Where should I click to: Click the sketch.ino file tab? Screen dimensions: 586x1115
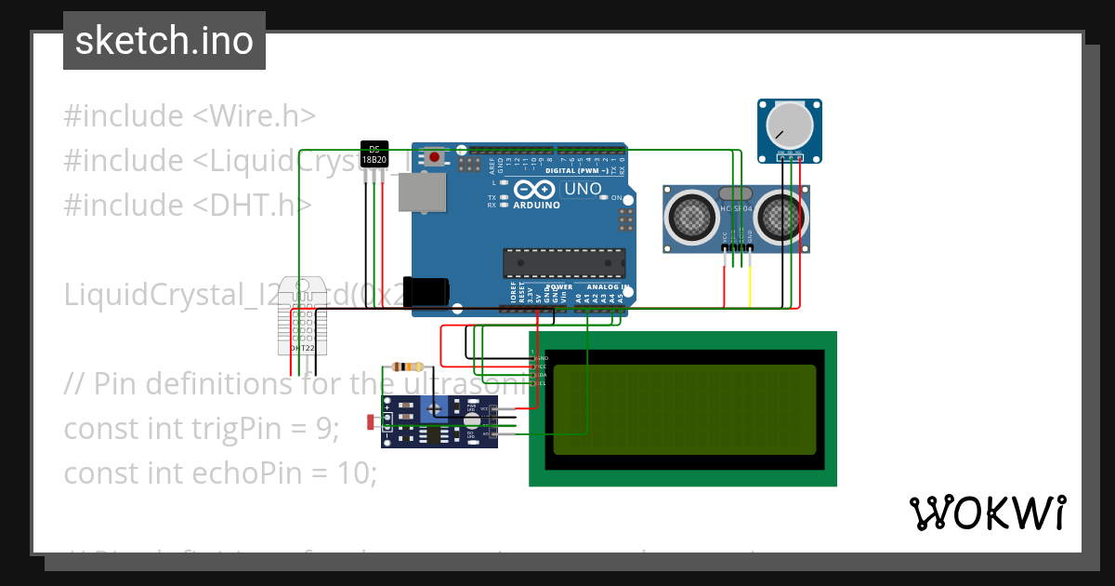[x=164, y=41]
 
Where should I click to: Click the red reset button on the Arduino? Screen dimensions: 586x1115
[x=434, y=157]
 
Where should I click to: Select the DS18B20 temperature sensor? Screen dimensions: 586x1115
[x=374, y=155]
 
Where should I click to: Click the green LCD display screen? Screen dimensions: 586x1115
[x=684, y=408]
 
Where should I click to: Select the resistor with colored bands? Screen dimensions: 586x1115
[x=407, y=366]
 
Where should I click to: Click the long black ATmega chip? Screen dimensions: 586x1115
[x=563, y=263]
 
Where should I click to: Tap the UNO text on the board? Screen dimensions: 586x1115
[x=583, y=189]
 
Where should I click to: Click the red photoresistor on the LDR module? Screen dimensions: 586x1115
[x=373, y=422]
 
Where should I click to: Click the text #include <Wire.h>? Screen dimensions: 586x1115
[x=190, y=116]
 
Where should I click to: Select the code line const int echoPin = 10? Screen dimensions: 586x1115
[x=220, y=473]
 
